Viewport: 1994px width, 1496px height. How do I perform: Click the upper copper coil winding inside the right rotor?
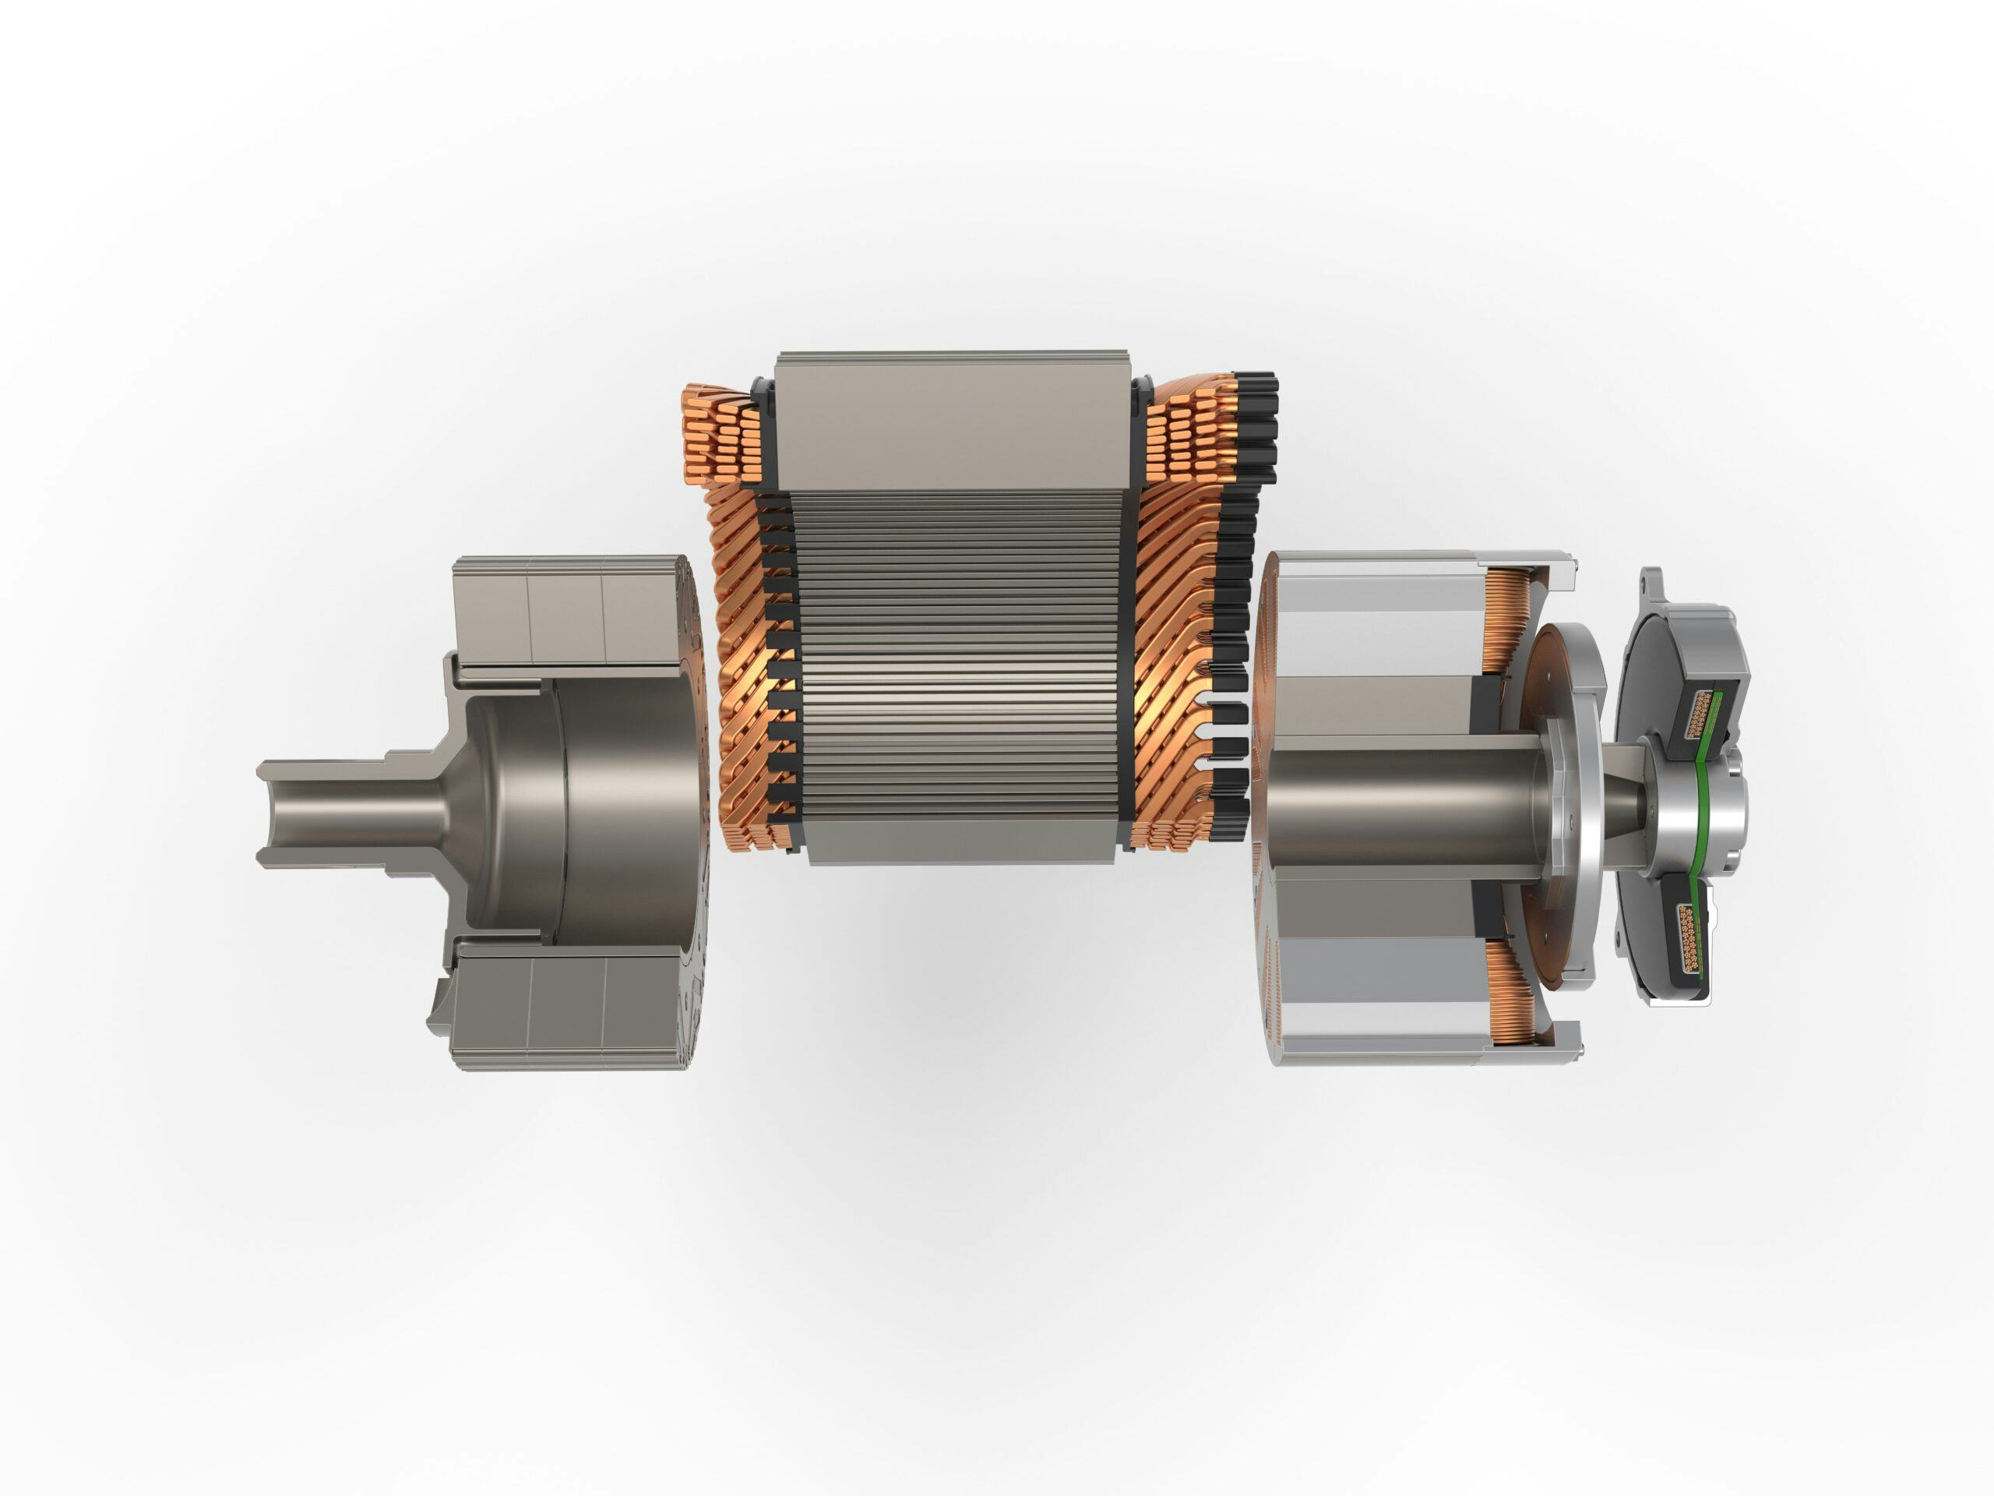(1501, 623)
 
